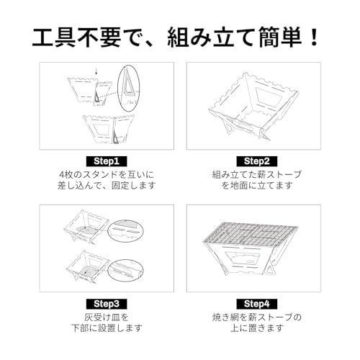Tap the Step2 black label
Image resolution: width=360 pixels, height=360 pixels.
point(256,161)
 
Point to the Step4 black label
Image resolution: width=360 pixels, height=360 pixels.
point(256,303)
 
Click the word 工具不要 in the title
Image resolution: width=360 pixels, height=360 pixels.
point(68,36)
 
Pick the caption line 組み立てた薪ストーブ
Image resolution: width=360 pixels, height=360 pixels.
point(256,174)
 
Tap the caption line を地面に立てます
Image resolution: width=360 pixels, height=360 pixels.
point(256,186)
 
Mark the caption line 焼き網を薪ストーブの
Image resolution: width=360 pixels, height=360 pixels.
point(256,317)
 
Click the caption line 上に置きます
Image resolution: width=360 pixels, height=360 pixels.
point(256,328)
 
